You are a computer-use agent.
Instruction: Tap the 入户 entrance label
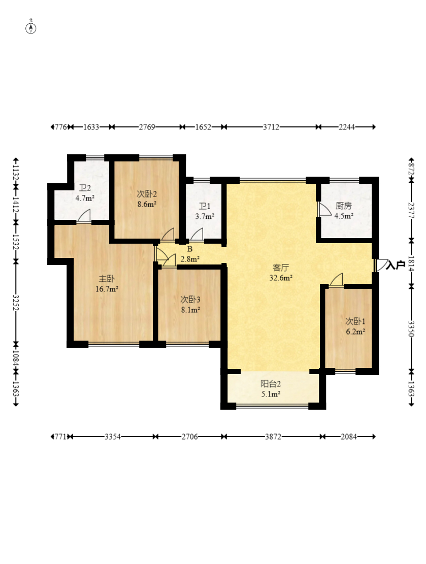pos(396,266)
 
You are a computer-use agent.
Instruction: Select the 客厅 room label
pos(281,268)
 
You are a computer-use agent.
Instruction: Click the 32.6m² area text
pos(281,278)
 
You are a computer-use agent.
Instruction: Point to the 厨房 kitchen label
pos(344,206)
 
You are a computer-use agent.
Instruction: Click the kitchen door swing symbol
pos(324,210)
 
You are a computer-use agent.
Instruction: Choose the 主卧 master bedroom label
pos(107,279)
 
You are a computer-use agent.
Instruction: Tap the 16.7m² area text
pos(107,289)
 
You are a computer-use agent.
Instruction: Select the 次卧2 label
pos(147,194)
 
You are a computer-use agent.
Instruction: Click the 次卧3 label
pos(190,300)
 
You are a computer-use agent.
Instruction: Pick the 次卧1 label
pos(355,321)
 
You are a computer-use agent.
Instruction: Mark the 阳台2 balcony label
pos(271,384)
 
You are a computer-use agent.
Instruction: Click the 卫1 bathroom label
pos(205,206)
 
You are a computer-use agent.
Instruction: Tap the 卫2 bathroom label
pos(85,188)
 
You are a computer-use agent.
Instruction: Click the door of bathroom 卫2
pos(83,217)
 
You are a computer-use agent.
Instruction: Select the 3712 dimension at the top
pos(271,127)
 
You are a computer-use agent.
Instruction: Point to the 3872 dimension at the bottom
pos(273,437)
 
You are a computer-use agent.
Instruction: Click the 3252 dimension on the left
pos(16,302)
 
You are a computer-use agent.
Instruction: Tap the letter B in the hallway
pos(190,249)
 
